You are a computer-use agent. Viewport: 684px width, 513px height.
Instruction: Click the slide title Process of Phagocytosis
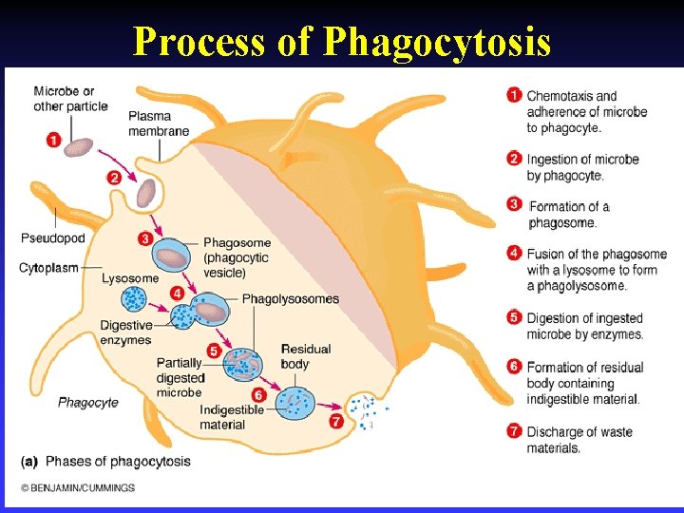coord(341,41)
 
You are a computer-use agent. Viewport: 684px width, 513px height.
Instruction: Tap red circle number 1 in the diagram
coord(53,141)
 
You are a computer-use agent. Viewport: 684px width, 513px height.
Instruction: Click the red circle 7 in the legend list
coord(514,431)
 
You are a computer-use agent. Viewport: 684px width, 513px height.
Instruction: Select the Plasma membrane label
coord(159,123)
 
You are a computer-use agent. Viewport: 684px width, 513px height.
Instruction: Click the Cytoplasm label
coord(48,268)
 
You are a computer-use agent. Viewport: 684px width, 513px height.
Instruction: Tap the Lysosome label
coord(130,278)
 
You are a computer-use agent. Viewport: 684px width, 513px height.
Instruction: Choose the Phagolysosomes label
coord(290,299)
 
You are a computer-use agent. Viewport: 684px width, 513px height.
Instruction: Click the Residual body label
coord(306,356)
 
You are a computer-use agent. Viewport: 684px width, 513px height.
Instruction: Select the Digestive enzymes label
coord(125,332)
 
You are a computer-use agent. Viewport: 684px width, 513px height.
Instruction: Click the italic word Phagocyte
coord(87,402)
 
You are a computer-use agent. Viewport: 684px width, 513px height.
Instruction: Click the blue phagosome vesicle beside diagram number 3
coord(172,256)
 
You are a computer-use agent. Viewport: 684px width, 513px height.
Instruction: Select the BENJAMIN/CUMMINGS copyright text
coord(78,488)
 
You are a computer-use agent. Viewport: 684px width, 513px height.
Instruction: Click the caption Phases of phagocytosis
coord(118,462)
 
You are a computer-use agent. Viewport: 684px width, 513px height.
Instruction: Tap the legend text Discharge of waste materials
coord(579,440)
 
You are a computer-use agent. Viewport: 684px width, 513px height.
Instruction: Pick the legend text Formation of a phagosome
coord(568,215)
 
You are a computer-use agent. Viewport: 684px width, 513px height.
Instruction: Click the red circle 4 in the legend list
coord(514,254)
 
